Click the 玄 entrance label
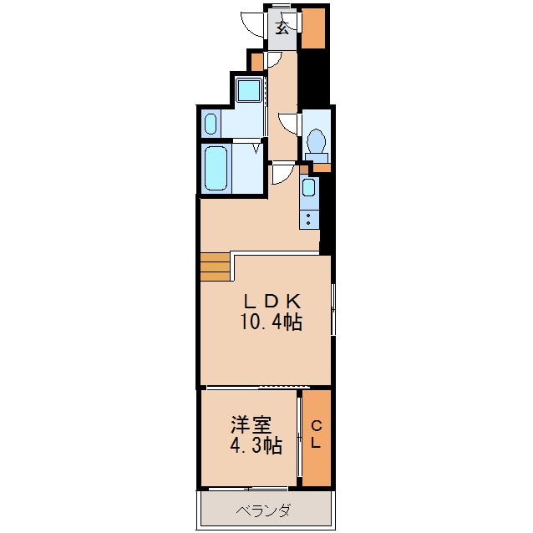point(282,28)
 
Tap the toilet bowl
point(317,141)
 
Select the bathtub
point(216,170)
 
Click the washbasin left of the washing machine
point(211,125)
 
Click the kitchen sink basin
point(309,188)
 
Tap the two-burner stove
point(309,220)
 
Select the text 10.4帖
point(272,322)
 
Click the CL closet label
point(316,435)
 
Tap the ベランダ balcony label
point(262,510)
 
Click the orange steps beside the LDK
point(215,266)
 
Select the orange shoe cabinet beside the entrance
point(313,28)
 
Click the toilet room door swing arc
point(289,124)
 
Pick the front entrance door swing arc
point(251,23)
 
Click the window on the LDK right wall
point(332,309)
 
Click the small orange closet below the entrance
point(256,60)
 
